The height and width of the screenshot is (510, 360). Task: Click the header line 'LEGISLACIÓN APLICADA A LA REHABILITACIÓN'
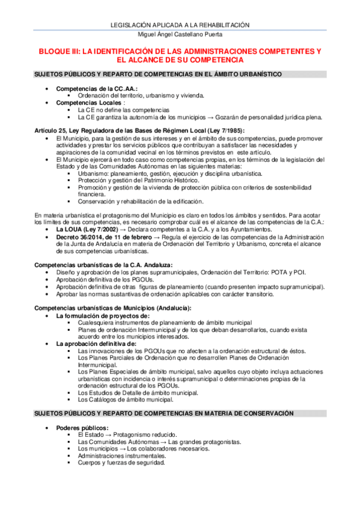pos(180,25)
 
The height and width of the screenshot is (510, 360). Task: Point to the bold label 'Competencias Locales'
pos(88,103)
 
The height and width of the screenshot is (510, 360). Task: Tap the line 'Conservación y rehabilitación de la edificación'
pos(141,201)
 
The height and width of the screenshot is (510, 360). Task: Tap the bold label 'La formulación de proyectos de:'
pos(103,315)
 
